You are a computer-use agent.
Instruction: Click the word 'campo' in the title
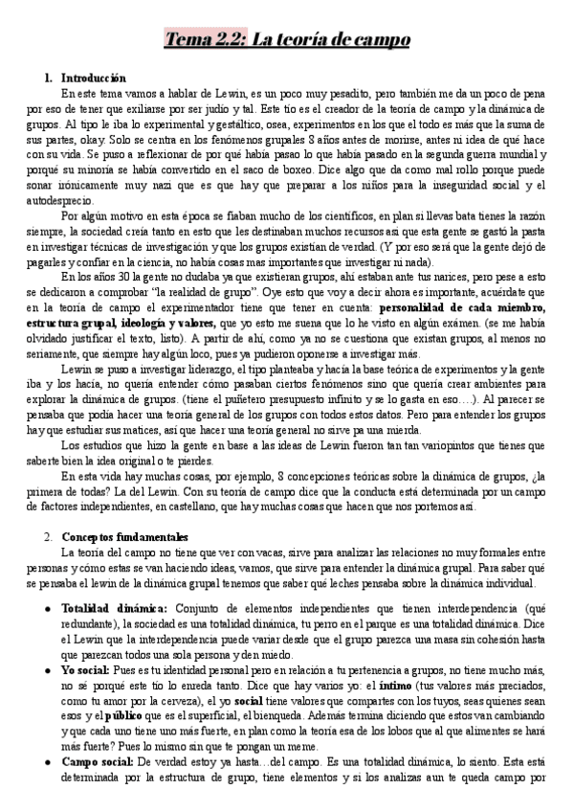[x=375, y=39]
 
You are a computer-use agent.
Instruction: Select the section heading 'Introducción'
[x=93, y=77]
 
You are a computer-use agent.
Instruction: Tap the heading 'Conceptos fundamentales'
[x=125, y=537]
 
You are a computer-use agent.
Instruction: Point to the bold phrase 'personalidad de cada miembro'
[x=461, y=307]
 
